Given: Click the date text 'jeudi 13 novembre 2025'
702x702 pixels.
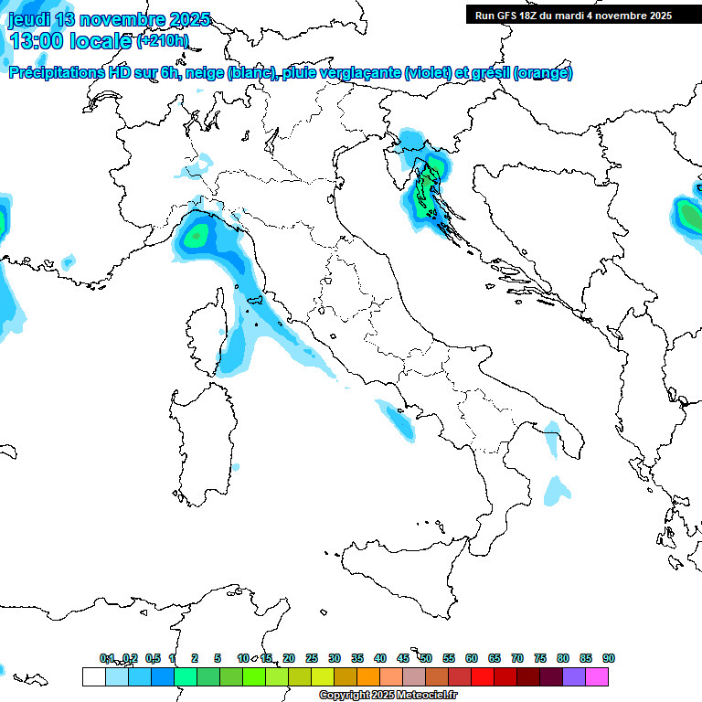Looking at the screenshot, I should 110,19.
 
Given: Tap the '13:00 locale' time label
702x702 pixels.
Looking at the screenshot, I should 71,40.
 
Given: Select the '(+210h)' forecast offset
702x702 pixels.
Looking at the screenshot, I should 162,40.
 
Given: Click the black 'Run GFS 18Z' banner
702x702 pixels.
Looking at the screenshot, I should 573,15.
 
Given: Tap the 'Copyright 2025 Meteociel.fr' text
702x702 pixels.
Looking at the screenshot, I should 388,696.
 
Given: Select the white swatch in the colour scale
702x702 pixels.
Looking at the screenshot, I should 93,676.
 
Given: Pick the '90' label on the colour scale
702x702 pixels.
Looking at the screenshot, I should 609,658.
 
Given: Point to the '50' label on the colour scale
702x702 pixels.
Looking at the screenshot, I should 426,658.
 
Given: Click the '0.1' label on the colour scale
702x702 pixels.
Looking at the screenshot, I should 107,658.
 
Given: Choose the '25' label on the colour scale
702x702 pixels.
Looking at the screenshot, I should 312,658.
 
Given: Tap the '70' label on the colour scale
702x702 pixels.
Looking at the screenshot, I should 517,658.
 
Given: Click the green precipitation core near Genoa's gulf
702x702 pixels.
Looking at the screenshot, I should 195,237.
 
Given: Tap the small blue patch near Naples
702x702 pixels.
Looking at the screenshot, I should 399,421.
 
